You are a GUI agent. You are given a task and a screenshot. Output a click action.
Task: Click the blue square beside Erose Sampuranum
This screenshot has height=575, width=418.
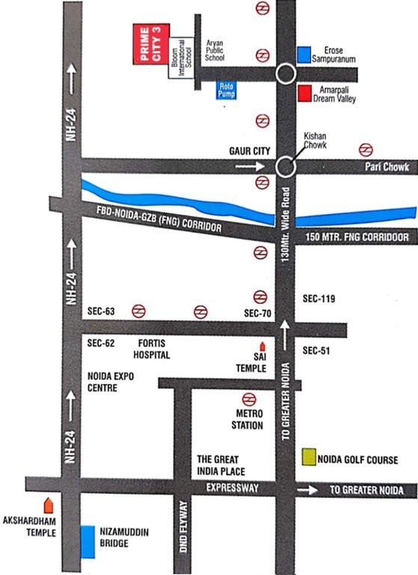(304, 55)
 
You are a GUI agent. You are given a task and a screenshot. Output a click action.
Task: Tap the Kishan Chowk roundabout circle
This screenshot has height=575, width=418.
(284, 167)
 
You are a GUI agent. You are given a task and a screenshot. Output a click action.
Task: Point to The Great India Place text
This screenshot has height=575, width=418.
(227, 464)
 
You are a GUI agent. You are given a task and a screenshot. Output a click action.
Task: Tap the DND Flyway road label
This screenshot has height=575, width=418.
(183, 529)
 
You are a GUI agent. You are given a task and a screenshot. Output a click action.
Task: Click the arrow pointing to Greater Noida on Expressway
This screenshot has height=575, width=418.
(307, 490)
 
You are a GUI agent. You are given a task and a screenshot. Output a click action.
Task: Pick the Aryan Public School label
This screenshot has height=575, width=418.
(215, 49)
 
